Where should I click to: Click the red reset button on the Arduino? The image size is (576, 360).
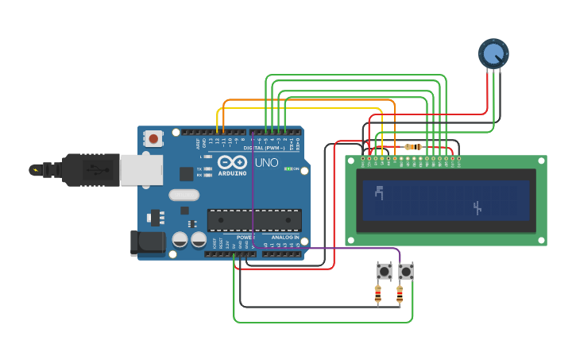click(153, 138)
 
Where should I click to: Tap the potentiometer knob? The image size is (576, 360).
click(493, 53)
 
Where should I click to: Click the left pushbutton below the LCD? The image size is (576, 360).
click(385, 272)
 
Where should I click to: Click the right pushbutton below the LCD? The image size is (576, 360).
click(406, 272)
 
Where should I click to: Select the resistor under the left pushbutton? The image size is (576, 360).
click(377, 295)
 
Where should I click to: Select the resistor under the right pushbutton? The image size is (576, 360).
click(400, 295)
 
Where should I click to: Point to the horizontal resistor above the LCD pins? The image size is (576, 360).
click(413, 146)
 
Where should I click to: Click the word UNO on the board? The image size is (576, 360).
click(266, 163)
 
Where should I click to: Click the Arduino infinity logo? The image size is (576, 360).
click(232, 161)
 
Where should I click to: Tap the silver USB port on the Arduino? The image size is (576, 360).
click(141, 170)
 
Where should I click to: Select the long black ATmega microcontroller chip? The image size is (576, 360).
click(254, 220)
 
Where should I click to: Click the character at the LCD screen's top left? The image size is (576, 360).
click(379, 192)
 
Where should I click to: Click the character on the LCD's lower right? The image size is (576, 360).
click(477, 208)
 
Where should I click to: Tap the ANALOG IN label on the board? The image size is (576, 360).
click(285, 238)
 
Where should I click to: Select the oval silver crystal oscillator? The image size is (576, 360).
click(184, 195)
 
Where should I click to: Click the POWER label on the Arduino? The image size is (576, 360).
click(245, 238)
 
